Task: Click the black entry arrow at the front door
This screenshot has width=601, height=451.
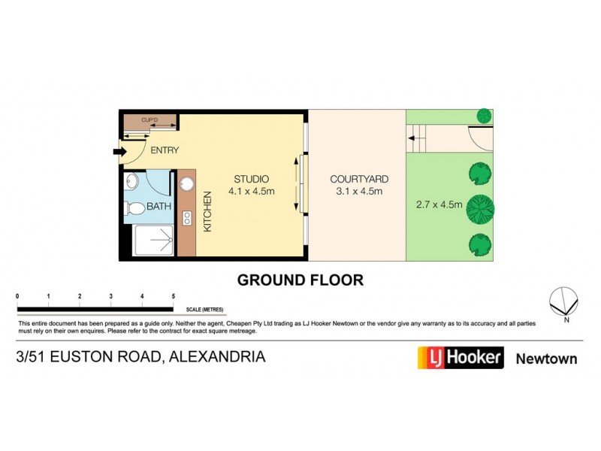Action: pyautogui.click(x=118, y=153)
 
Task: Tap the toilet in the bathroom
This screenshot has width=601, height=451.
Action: pyautogui.click(x=137, y=207)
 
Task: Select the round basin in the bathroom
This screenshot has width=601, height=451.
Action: pyautogui.click(x=132, y=181)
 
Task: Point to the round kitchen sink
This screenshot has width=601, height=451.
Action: pyautogui.click(x=187, y=181)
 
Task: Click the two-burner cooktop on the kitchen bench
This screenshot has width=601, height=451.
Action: pyautogui.click(x=187, y=219)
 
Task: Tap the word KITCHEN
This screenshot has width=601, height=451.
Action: pyautogui.click(x=207, y=212)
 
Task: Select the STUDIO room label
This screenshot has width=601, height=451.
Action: pyautogui.click(x=251, y=179)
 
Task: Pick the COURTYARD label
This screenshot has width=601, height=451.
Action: pyautogui.click(x=359, y=179)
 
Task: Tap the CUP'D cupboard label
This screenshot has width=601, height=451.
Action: pyautogui.click(x=149, y=120)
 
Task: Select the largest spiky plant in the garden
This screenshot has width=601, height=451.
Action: pyautogui.click(x=479, y=208)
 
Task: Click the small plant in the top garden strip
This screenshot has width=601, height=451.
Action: pyautogui.click(x=485, y=117)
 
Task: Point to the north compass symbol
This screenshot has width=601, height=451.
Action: pyautogui.click(x=564, y=302)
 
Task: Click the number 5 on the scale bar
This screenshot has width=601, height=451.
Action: pyautogui.click(x=174, y=297)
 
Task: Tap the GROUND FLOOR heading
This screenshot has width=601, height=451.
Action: pyautogui.click(x=300, y=280)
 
